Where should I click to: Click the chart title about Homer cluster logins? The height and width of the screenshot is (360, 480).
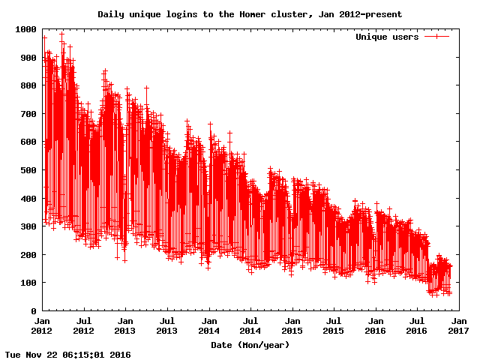coord(250,14)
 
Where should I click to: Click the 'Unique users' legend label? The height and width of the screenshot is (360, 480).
coord(387,37)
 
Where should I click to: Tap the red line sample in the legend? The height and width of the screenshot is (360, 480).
coord(436,37)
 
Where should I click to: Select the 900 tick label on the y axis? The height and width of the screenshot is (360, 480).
coord(28,58)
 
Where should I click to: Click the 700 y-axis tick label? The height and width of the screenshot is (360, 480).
coord(28,114)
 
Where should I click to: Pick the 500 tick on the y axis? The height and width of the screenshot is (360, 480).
coord(28,170)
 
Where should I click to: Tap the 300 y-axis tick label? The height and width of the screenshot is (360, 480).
coord(28,226)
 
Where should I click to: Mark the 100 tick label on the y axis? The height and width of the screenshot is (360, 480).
coord(28,283)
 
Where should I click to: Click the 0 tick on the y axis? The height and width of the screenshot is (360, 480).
coord(33,310)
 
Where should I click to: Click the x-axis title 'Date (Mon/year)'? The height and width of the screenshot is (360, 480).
coord(250,344)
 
